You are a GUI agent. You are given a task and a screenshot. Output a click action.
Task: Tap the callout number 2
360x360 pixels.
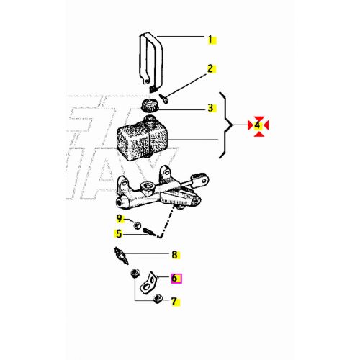click(x=211, y=69)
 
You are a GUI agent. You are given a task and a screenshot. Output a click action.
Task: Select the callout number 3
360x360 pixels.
click(x=211, y=109)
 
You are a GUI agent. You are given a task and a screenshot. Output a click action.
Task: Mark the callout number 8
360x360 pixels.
click(x=174, y=254)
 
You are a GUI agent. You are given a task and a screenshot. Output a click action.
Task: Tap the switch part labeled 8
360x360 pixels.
click(x=121, y=253)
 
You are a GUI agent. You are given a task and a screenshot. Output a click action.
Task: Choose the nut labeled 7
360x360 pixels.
click(x=156, y=299)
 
